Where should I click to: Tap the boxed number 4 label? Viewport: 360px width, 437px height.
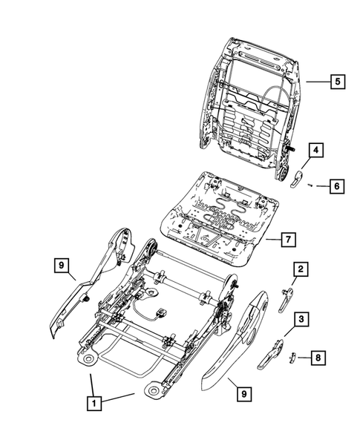pyautogui.click(x=315, y=151)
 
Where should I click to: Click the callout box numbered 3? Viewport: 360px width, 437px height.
pyautogui.click(x=301, y=321)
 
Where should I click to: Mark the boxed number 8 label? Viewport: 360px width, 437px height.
pyautogui.click(x=317, y=358)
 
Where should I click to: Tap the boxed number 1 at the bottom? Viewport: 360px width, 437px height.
pyautogui.click(x=93, y=404)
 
